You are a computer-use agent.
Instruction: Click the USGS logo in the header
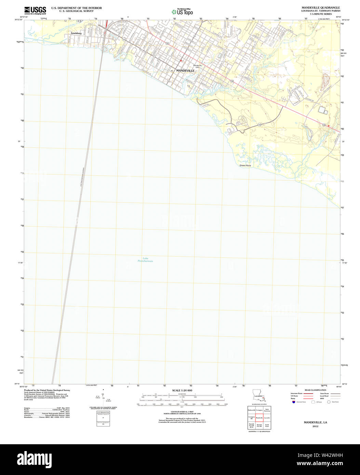pos(35,10)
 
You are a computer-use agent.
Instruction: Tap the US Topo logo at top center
pos(182,12)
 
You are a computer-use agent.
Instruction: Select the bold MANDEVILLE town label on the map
pos(185,70)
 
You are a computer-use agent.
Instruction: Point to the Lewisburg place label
pos(76,33)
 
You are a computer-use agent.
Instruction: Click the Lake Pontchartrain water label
pos(145,259)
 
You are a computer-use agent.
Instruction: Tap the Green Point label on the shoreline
pos(245,165)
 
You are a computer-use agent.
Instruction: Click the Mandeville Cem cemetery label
pos(198,66)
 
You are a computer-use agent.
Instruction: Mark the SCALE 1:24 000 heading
pos(182,390)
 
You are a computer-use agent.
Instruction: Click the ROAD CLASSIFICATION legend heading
pos(315,390)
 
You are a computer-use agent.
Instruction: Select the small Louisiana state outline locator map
pos(259,395)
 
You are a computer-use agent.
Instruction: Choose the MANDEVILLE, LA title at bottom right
pos(315,422)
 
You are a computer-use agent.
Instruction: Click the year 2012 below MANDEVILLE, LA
pos(315,426)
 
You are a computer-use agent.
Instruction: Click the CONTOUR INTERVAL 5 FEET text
pos(182,411)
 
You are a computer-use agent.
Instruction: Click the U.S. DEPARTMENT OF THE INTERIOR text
pos(76,8)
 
